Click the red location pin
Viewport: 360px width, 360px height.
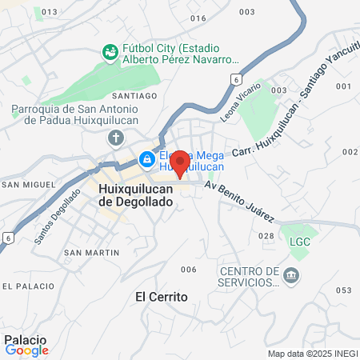click(180, 163)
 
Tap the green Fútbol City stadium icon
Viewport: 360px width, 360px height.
click(110, 52)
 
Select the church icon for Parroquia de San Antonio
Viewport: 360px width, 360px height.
click(116, 138)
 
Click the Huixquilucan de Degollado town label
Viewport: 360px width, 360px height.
click(134, 196)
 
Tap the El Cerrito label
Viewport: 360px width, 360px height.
click(162, 297)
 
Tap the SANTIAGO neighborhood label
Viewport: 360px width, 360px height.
click(141, 95)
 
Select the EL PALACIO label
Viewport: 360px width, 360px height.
click(28, 286)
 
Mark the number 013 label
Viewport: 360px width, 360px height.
click(50, 12)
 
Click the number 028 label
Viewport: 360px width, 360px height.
click(266, 236)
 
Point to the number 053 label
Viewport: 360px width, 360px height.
click(344, 290)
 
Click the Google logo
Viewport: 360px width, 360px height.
click(26, 350)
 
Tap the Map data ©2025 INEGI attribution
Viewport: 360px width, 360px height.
click(311, 354)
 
